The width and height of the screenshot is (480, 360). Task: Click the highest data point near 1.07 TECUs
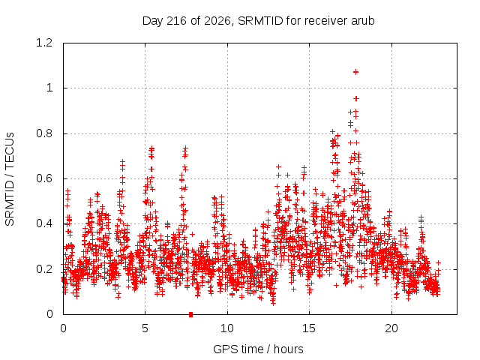[x=355, y=72]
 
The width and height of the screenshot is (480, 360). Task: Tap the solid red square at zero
[x=191, y=314]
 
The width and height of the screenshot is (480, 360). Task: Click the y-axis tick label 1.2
[x=44, y=43]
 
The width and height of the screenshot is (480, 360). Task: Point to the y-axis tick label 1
[x=49, y=88]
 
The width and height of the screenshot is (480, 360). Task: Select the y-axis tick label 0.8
[x=44, y=133]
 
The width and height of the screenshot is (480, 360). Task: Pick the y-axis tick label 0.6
[x=44, y=178]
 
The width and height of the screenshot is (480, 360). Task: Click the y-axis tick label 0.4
[x=44, y=223]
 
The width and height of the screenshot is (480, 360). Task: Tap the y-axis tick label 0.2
[x=44, y=269]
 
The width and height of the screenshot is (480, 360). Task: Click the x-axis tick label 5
[x=145, y=328]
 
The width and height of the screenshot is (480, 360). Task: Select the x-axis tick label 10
[x=227, y=328]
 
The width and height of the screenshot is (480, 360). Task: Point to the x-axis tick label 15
[x=309, y=328]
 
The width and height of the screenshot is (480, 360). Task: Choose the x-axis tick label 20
[x=391, y=328]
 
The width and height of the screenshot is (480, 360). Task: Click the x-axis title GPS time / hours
[x=258, y=349]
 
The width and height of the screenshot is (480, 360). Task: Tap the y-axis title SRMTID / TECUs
[x=10, y=179]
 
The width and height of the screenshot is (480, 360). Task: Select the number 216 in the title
[x=176, y=21]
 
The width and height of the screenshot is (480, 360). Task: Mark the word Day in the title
[x=153, y=21]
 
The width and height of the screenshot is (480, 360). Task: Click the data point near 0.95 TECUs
[x=356, y=98]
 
